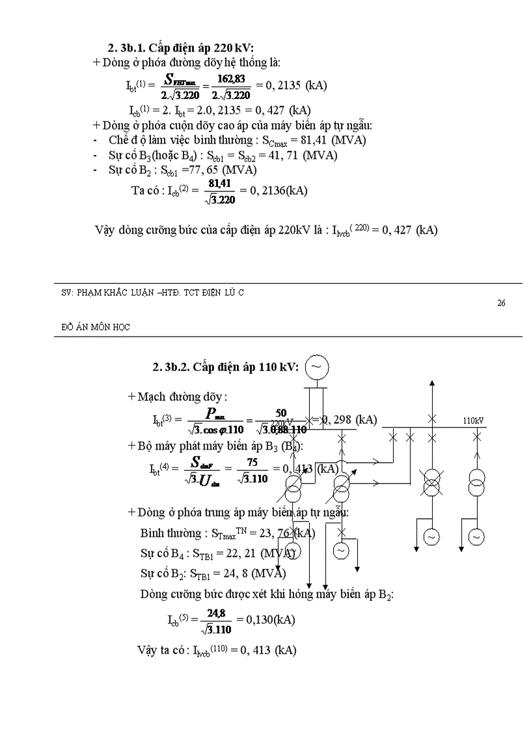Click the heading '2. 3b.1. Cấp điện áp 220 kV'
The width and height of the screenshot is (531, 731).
click(180, 48)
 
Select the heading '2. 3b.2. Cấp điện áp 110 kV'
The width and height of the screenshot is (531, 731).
click(225, 367)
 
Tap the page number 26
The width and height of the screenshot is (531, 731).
click(501, 303)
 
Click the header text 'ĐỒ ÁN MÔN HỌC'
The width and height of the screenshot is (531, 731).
click(92, 327)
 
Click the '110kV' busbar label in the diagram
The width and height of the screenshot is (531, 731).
click(473, 421)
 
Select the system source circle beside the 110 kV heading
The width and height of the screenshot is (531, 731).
click(316, 366)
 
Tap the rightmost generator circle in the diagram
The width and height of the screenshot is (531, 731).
click(477, 537)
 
